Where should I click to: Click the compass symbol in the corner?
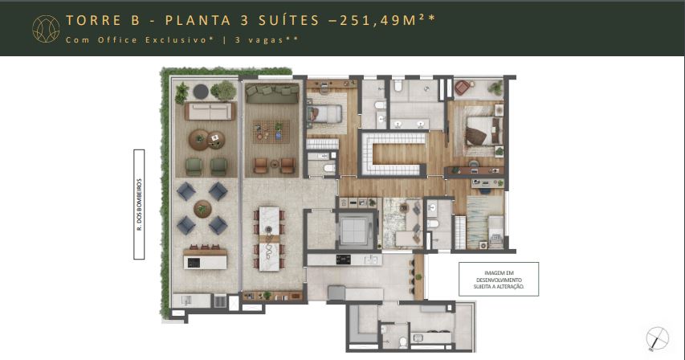[x=658, y=338]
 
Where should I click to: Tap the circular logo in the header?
[x=46, y=28]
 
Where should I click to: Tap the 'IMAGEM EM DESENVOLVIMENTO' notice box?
[x=498, y=278]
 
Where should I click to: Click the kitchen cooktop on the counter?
[x=344, y=259]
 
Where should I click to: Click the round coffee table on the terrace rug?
[x=200, y=140]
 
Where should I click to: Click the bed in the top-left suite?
[x=326, y=114]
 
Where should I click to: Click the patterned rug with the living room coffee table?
[x=270, y=129]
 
